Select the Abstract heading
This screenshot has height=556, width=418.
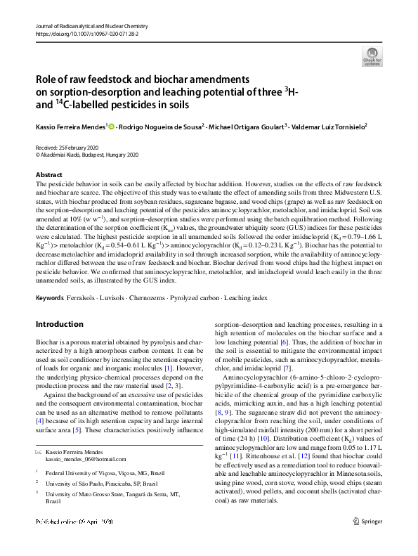(x=48, y=174)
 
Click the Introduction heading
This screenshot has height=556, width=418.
(x=60, y=324)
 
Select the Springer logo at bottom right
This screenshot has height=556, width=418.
(x=370, y=541)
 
